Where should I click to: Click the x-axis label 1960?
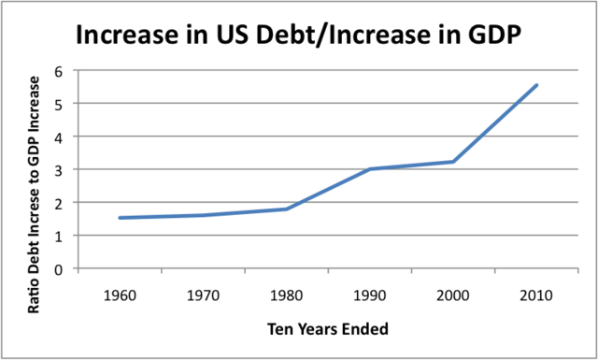point(120,294)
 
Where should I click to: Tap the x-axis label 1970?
point(203,294)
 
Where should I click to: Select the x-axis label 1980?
point(287,294)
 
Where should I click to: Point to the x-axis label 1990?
point(370,294)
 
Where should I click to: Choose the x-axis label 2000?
point(453,294)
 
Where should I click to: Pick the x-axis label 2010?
point(536,294)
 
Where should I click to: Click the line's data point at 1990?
point(370,169)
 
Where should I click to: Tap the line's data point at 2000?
point(453,162)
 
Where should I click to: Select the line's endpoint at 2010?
point(536,85)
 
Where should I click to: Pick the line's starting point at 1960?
point(120,218)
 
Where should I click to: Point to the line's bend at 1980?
point(287,209)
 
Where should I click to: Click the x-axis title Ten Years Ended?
point(327,329)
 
